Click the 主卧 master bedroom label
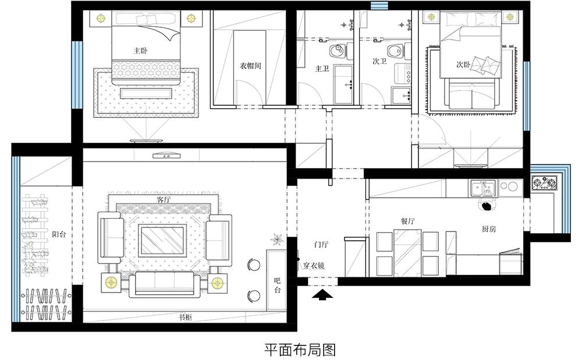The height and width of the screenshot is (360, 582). coord(141,51)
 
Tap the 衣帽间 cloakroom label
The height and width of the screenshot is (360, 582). coord(250,66)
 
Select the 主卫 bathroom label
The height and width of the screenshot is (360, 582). coord(322,68)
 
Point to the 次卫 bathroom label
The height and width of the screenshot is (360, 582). coord(379,61)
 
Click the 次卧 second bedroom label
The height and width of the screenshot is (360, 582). coord(463,65)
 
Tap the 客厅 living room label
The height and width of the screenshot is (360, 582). coord(164,199)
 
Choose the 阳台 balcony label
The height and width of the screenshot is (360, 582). coord(59,234)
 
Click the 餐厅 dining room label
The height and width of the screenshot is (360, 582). coord(407,222)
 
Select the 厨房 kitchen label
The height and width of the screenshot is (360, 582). coord(489,229)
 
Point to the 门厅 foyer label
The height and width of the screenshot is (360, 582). coord(321,244)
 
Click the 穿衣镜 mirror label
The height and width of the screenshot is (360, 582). coord(314,265)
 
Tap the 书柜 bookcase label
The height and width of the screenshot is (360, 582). coord(185,318)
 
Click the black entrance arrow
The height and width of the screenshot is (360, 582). coord(322,295)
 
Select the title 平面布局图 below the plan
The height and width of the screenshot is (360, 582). coord(300,350)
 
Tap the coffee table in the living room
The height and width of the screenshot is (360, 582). coord(162,240)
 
